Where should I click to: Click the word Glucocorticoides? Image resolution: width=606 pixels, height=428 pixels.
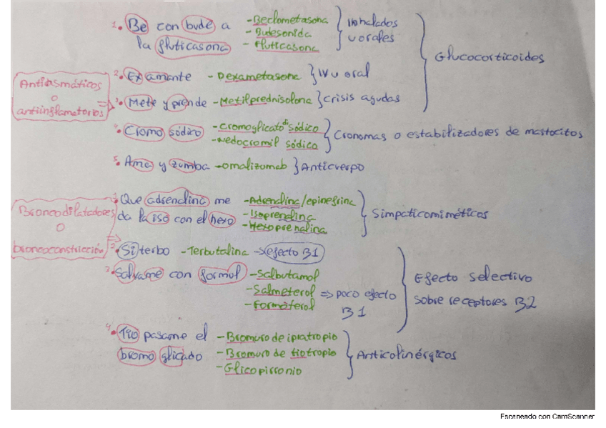[490, 59]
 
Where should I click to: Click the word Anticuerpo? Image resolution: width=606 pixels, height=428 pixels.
[333, 167]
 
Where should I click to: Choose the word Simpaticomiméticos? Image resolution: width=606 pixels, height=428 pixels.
[430, 214]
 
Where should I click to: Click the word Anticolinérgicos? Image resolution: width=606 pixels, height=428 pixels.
[406, 354]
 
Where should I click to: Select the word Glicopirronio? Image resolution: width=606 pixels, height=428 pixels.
[262, 371]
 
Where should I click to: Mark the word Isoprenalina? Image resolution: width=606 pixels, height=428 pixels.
[277, 214]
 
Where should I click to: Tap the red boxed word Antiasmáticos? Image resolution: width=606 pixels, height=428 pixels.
[59, 84]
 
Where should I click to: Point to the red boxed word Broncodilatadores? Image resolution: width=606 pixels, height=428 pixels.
[60, 213]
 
